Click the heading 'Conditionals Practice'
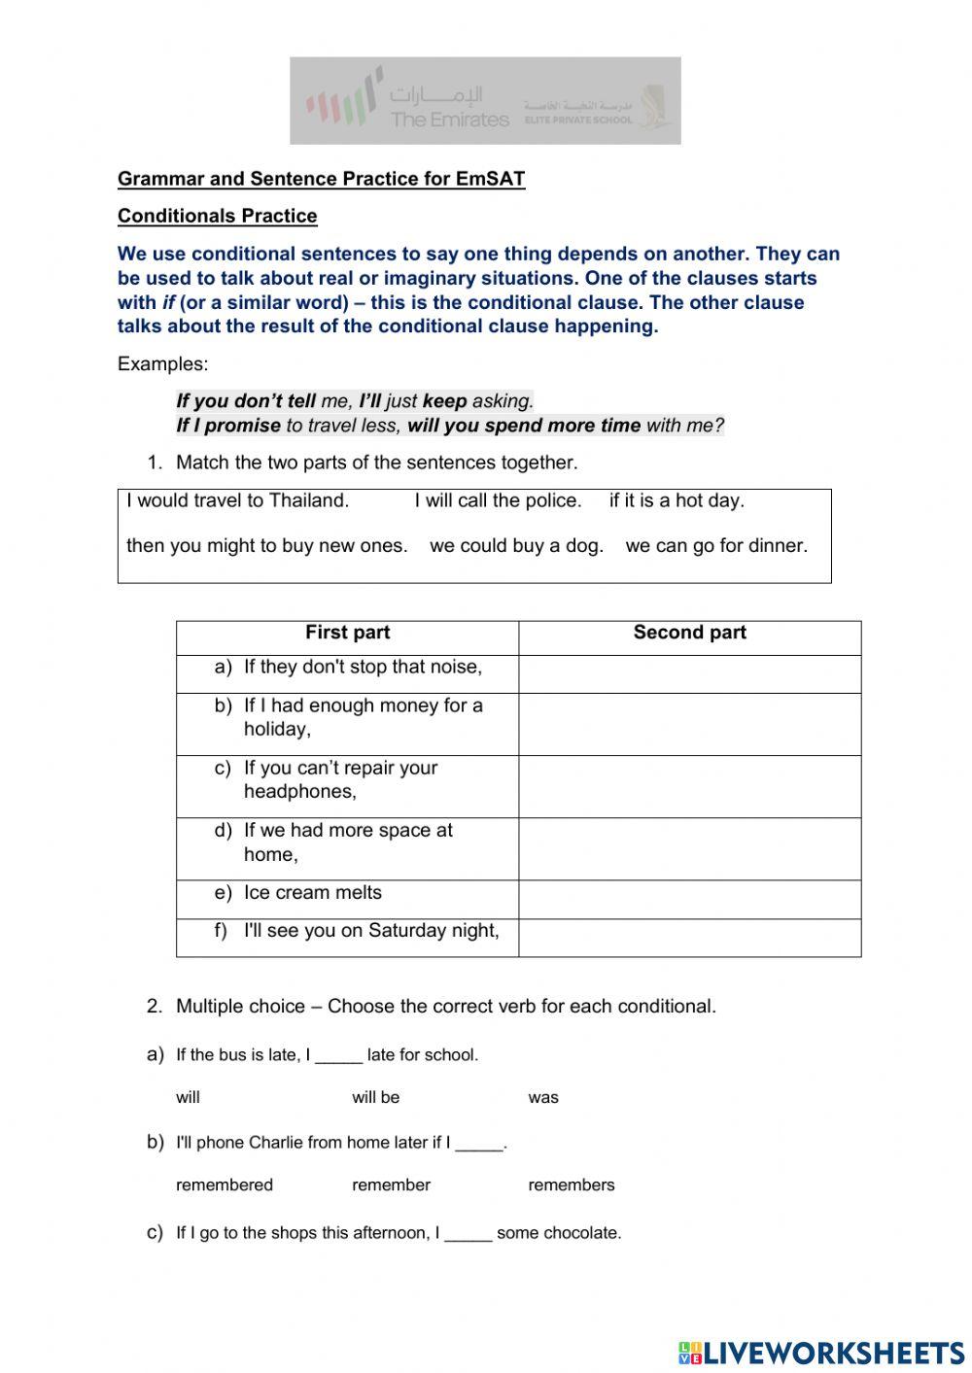pos(217,216)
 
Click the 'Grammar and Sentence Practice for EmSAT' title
pos(321,179)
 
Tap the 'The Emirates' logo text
pos(449,120)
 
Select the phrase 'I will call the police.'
pos(498,501)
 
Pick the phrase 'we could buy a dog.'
pos(516,546)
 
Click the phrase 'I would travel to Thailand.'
pos(237,501)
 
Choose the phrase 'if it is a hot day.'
pos(677,501)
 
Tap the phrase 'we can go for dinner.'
pos(716,546)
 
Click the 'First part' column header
pos(347,634)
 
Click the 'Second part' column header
pos(689,634)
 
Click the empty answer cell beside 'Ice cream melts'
pos(689,900)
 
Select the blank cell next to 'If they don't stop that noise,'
pos(689,674)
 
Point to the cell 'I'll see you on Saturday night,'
pos(370,931)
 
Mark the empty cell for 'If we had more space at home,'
pos(689,849)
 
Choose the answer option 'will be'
pos(376,1098)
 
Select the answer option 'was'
pos(543,1098)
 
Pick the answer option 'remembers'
pos(572,1185)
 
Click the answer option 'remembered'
pos(225,1185)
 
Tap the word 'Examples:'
pos(162,364)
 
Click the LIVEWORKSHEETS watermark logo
pos(821,1352)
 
